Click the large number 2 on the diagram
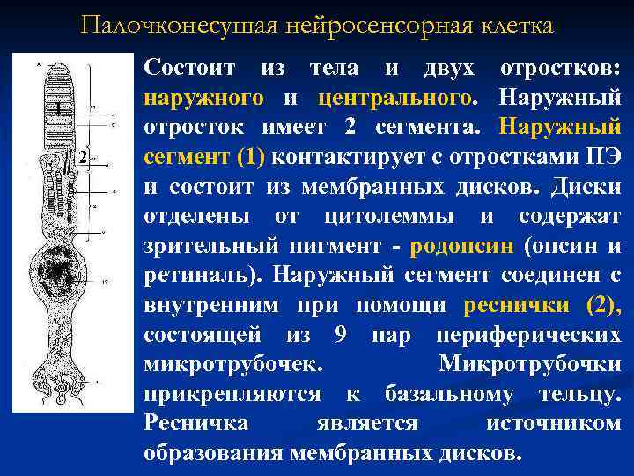82,158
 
